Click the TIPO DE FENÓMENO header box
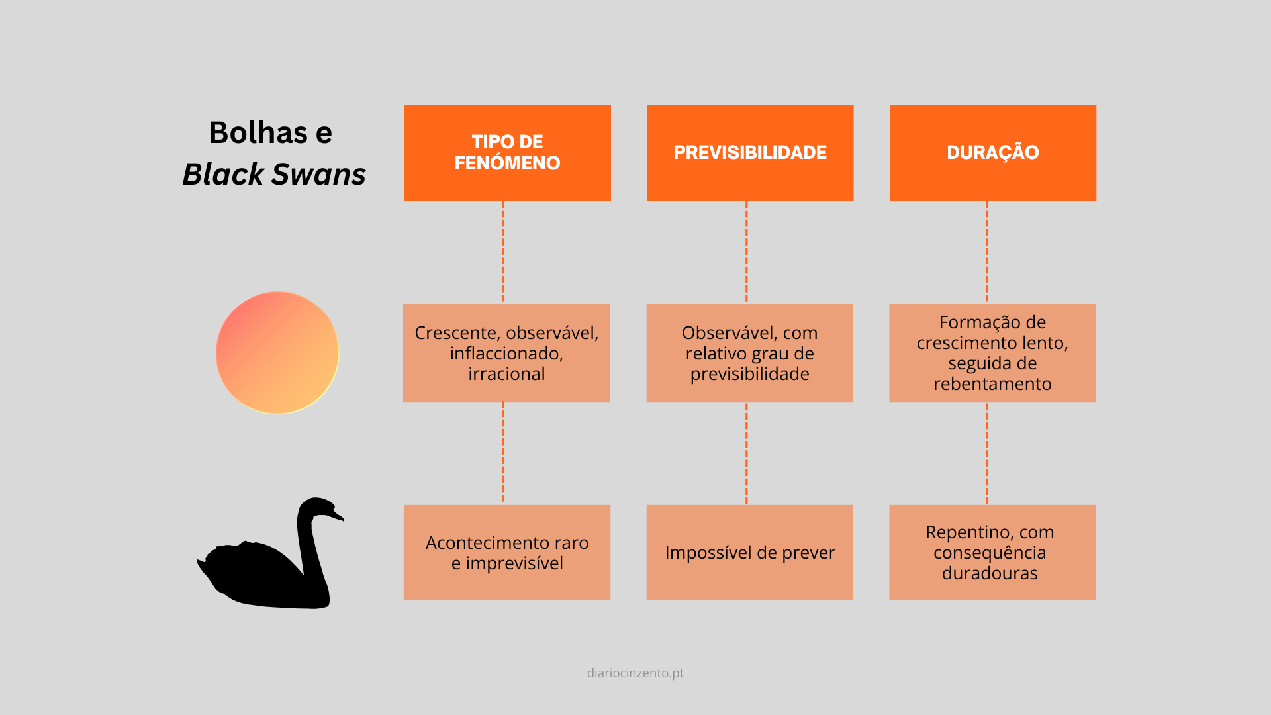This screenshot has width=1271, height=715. [507, 153]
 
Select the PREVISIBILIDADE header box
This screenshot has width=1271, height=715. [750, 153]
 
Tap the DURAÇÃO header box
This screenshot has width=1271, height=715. [992, 153]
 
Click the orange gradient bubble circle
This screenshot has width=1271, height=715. [277, 353]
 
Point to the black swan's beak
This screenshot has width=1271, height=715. [338, 516]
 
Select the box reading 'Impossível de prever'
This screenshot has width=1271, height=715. [749, 553]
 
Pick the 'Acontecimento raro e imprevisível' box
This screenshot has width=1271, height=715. [507, 553]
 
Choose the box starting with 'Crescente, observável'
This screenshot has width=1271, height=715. [506, 353]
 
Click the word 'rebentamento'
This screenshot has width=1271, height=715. [992, 384]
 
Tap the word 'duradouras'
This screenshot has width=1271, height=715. [990, 573]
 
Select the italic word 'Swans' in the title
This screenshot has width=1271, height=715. [318, 174]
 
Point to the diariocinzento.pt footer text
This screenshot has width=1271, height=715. [635, 673]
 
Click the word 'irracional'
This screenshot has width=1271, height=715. [506, 374]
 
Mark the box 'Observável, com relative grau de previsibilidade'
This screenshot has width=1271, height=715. [749, 353]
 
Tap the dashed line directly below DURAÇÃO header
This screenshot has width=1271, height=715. [986, 252]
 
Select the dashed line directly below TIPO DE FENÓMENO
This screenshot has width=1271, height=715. [503, 252]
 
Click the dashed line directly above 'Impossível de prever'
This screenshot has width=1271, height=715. [747, 453]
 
